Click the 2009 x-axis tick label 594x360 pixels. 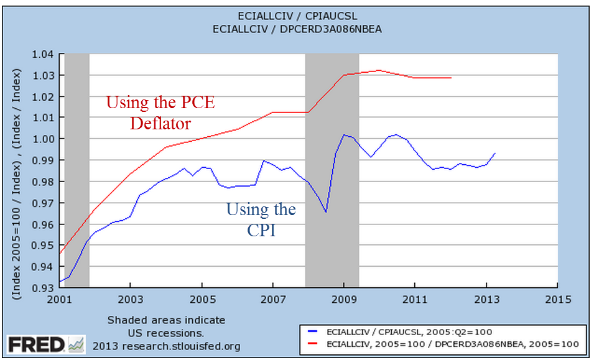tap(344, 300)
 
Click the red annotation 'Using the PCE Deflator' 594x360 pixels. tap(160, 113)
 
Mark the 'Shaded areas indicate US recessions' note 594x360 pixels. tap(166, 326)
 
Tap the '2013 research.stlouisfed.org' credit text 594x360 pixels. tap(167, 346)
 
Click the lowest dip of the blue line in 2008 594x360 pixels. tap(325, 212)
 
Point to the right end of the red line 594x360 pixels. tap(451, 78)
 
